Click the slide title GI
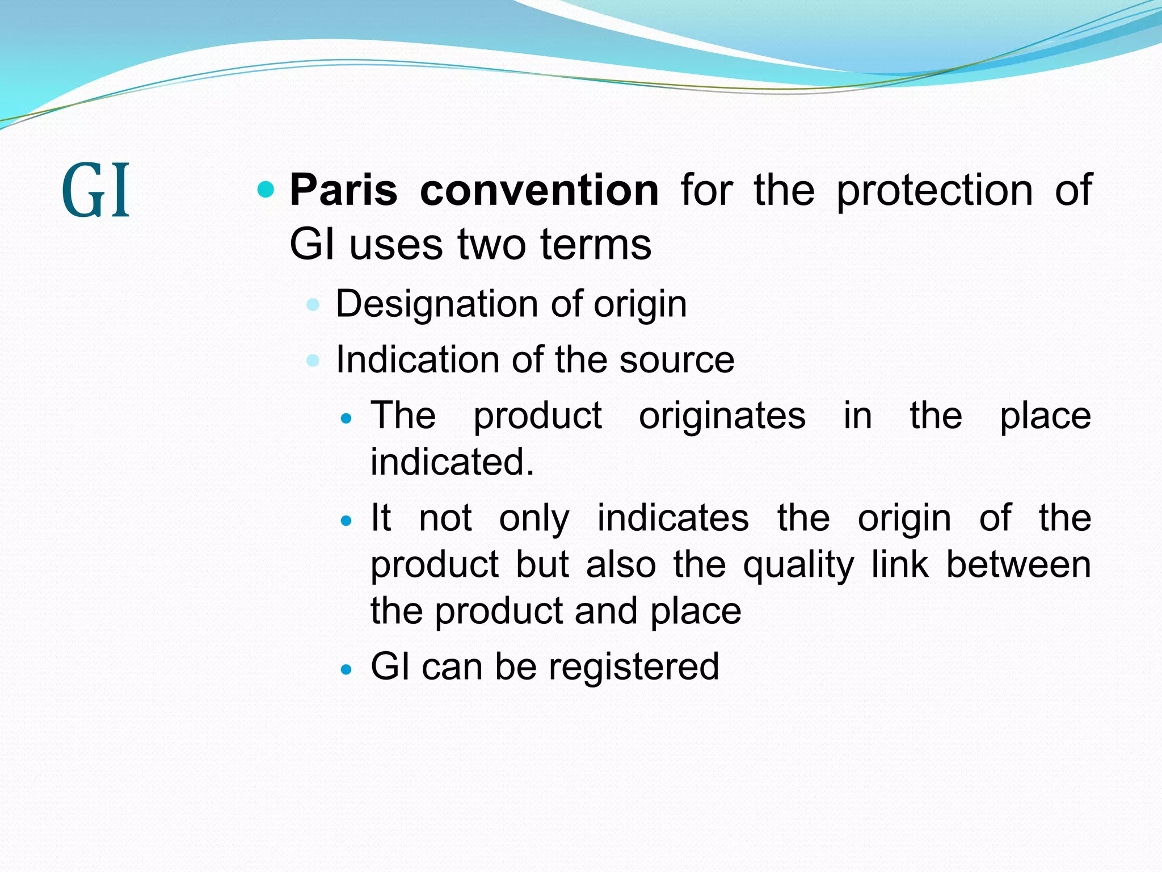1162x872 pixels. (95, 191)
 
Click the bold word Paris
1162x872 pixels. (343, 190)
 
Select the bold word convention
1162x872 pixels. (539, 190)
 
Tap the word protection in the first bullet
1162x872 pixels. (934, 191)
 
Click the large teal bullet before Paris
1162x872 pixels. (266, 189)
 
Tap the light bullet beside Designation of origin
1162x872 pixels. (313, 305)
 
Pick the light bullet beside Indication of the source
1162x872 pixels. (313, 360)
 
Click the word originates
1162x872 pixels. (722, 416)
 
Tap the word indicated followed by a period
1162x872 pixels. (452, 462)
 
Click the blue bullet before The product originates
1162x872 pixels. (346, 420)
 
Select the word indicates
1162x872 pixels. (673, 518)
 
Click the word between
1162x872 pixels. (1018, 564)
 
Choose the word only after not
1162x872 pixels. (534, 519)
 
